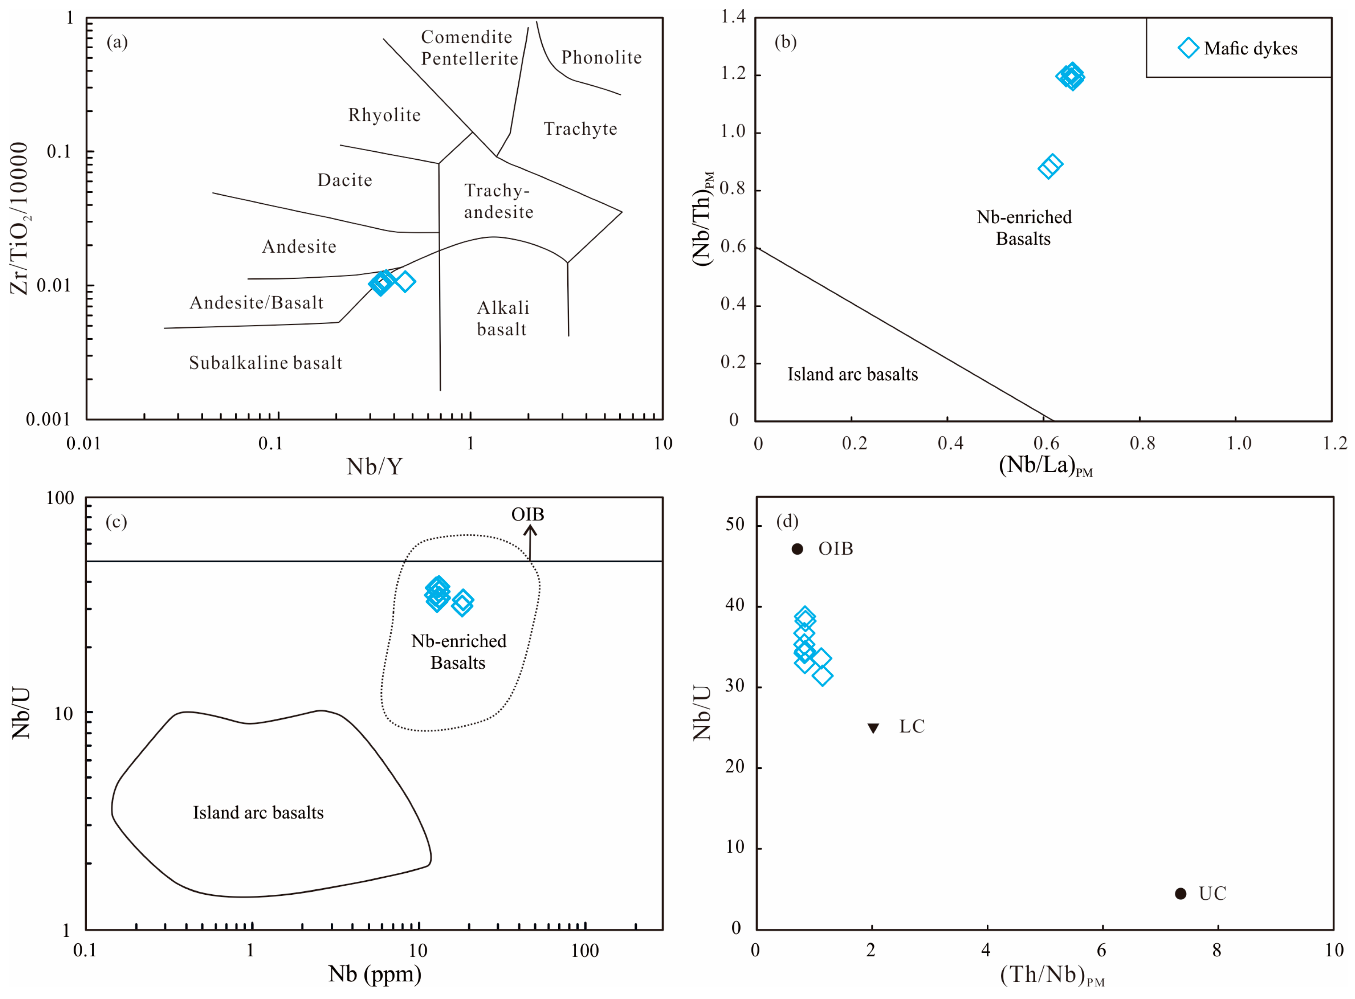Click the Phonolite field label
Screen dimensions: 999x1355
pos(601,57)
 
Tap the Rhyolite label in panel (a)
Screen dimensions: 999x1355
pos(385,115)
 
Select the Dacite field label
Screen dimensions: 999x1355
pos(345,180)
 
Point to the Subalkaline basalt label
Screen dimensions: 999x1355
pos(265,363)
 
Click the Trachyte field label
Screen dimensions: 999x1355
pos(581,129)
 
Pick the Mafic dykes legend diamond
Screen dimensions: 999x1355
pos(1188,48)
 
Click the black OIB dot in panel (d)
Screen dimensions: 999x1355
pos(798,549)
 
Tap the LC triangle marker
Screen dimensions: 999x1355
pos(873,728)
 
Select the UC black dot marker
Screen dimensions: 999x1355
pos(1180,894)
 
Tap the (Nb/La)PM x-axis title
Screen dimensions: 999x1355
pos(1046,466)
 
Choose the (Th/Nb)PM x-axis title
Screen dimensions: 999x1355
pos(1052,975)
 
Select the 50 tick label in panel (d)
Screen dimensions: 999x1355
pos(735,524)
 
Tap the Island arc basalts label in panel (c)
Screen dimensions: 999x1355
pos(258,813)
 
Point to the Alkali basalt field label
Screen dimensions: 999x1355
pos(502,319)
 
